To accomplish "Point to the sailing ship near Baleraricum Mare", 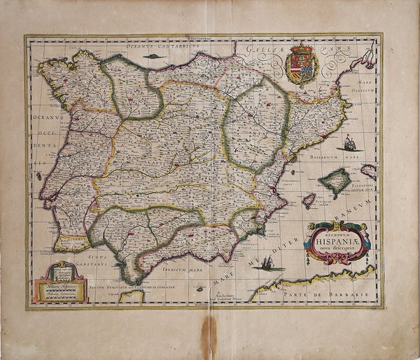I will pyautogui.click(x=350, y=144).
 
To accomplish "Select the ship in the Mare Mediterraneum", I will pyautogui.click(x=269, y=263).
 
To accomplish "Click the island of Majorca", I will pyautogui.click(x=334, y=181).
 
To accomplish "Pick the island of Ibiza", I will pyautogui.click(x=307, y=200).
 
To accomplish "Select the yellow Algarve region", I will pyautogui.click(x=72, y=243).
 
